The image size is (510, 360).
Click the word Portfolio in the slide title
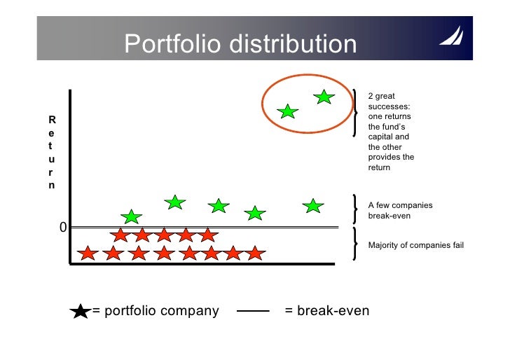pyautogui.click(x=165, y=44)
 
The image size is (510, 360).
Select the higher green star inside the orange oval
pyautogui.click(x=324, y=97)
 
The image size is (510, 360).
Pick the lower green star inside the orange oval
pyautogui.click(x=287, y=111)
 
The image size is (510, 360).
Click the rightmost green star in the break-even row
pyautogui.click(x=313, y=206)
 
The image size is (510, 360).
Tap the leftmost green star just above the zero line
pyautogui.click(x=131, y=217)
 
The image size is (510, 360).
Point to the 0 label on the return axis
pyautogui.click(x=62, y=228)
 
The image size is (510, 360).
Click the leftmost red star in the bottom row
pyautogui.click(x=88, y=253)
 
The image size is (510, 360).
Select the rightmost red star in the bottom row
pyautogui.click(x=255, y=253)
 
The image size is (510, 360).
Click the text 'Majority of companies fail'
pyautogui.click(x=415, y=245)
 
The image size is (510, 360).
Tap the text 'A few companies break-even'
pyautogui.click(x=400, y=211)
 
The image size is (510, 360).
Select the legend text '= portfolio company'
pyautogui.click(x=156, y=311)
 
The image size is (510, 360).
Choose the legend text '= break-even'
pyautogui.click(x=327, y=311)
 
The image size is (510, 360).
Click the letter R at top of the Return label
pyautogui.click(x=51, y=119)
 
